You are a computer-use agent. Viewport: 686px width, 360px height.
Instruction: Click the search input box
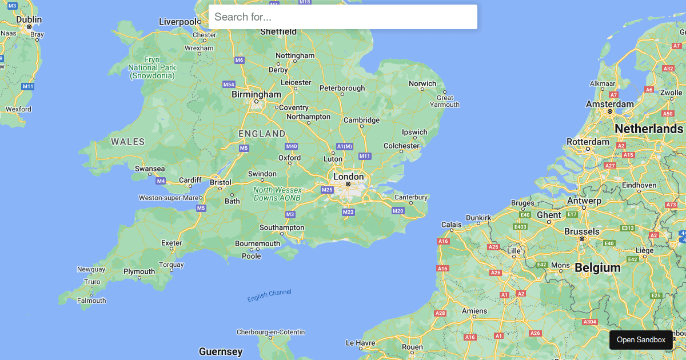pyautogui.click(x=343, y=17)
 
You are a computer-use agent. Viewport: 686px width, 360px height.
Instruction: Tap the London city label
pyautogui.click(x=348, y=177)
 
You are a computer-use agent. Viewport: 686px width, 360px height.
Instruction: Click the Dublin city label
pyautogui.click(x=29, y=19)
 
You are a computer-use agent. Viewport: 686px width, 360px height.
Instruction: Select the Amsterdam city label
pyautogui.click(x=609, y=104)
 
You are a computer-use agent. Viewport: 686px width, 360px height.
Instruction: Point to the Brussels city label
pyautogui.click(x=582, y=231)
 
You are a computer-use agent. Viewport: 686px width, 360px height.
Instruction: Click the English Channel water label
pyautogui.click(x=269, y=295)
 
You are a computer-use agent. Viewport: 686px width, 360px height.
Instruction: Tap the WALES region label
pyautogui.click(x=127, y=141)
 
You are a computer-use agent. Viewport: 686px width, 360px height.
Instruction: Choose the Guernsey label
pyautogui.click(x=221, y=351)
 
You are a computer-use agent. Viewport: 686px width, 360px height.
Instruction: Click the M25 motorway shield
pyautogui.click(x=327, y=190)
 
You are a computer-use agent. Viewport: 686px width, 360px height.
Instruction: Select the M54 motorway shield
pyautogui.click(x=229, y=84)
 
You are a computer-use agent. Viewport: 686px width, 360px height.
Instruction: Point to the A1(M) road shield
pyautogui.click(x=345, y=146)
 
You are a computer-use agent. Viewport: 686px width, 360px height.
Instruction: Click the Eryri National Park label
pyautogui.click(x=152, y=67)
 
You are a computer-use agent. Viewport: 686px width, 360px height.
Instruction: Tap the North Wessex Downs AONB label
pyautogui.click(x=277, y=194)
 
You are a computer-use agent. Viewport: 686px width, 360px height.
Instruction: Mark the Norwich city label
pyautogui.click(x=422, y=83)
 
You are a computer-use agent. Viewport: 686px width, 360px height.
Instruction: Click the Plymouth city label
pyautogui.click(x=139, y=271)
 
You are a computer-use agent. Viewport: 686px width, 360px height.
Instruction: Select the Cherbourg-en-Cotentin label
pyautogui.click(x=271, y=332)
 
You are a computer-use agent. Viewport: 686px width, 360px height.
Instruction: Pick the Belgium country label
pyautogui.click(x=597, y=267)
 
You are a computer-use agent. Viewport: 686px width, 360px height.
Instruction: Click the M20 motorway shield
pyautogui.click(x=398, y=211)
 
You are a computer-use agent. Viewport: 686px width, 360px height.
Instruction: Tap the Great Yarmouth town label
pyautogui.click(x=445, y=101)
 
